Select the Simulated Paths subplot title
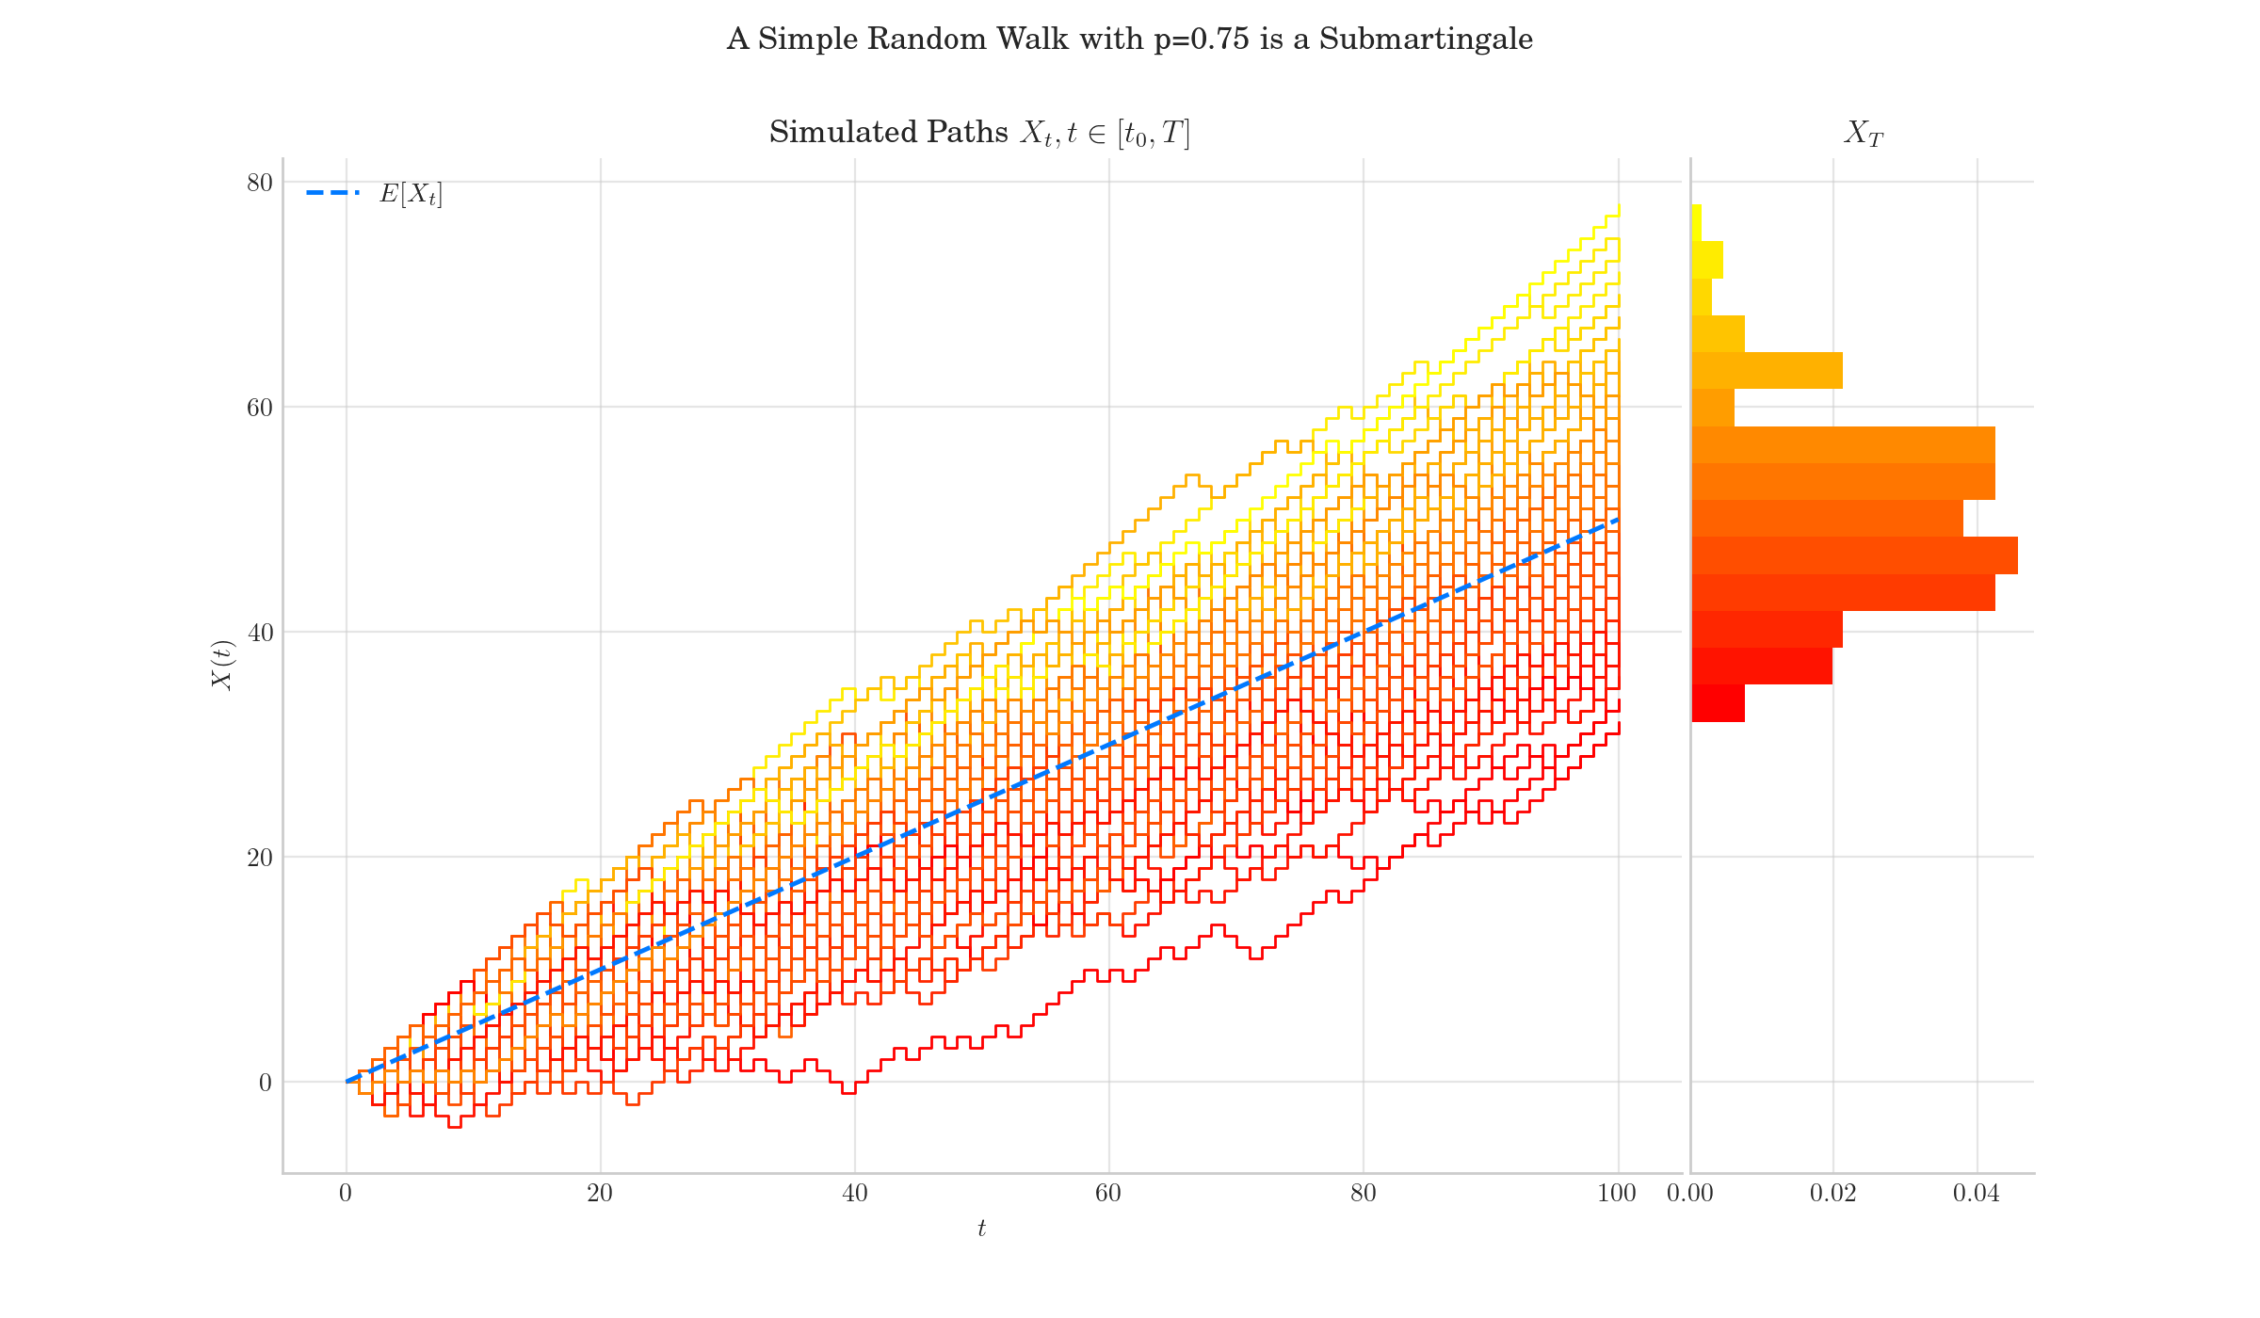979,133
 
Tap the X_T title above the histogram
1863,134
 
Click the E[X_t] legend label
411,194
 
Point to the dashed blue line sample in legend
332,193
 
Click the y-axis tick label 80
259,183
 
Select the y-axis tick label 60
259,408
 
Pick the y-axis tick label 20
259,858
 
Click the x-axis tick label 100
1617,1195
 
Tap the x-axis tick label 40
854,1195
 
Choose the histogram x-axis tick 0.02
1832,1195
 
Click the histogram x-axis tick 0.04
1976,1195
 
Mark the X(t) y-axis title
222,665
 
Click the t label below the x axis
981,1229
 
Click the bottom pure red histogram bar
1718,703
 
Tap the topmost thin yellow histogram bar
1697,223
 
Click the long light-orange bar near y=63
1767,371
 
